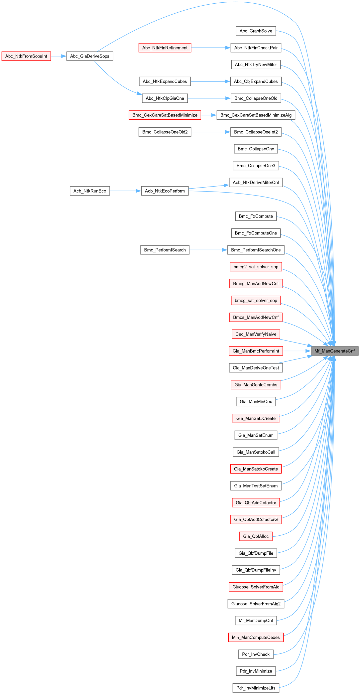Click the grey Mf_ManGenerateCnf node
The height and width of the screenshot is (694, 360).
334,351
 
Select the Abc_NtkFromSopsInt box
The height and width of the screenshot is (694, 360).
26,56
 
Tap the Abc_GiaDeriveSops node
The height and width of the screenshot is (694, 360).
90,56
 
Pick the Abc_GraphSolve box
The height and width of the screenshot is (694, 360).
256,31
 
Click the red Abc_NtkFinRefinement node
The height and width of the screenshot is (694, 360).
165,48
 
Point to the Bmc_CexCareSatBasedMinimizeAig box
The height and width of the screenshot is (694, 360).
256,115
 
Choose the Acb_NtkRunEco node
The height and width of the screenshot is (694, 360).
90,191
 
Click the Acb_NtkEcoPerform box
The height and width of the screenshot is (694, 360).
165,191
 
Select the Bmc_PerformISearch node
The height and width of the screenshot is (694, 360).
165,250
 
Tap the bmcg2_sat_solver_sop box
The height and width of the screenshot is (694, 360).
256,267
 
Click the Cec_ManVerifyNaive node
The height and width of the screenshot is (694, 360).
256,334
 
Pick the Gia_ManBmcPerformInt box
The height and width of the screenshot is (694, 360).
256,351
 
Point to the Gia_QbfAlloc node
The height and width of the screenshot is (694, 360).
256,536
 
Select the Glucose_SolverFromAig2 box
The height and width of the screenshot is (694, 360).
256,604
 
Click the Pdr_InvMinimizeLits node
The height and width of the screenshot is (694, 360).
256,688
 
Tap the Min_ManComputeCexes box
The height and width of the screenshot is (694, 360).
256,637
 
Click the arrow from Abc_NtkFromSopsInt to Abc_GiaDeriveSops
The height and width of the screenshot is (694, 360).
59,56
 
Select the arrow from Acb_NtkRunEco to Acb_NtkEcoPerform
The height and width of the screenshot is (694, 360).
125,191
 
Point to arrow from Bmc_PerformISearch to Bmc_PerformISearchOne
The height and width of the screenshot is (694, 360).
208,250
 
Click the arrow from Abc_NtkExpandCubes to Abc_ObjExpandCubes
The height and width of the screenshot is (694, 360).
210,81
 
